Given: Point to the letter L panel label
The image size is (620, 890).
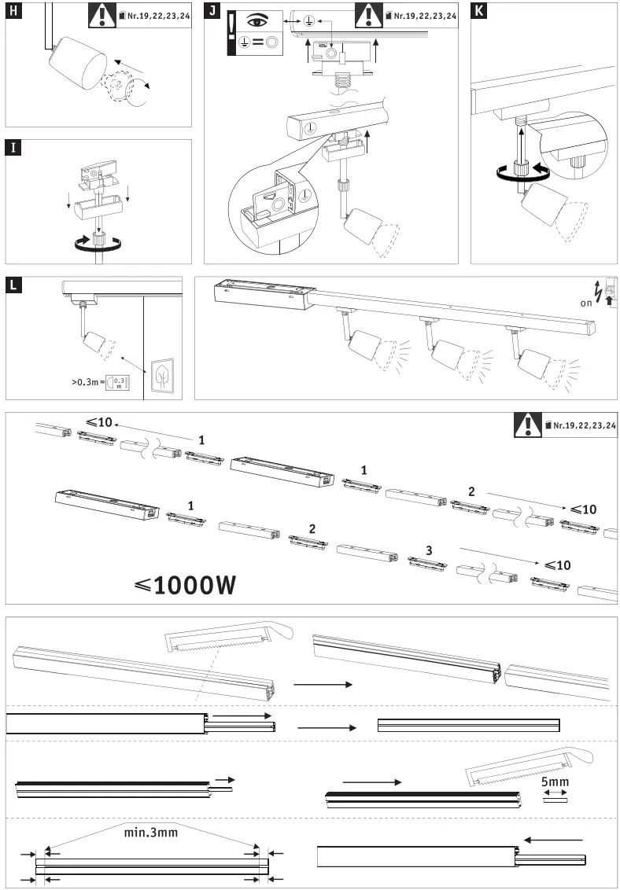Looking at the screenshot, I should tap(13, 284).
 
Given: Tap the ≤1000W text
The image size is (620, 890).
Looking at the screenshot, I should tap(185, 585).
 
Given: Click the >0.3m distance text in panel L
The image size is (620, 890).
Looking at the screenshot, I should tap(87, 382).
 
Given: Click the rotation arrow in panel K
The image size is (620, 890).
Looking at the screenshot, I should tap(516, 175).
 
